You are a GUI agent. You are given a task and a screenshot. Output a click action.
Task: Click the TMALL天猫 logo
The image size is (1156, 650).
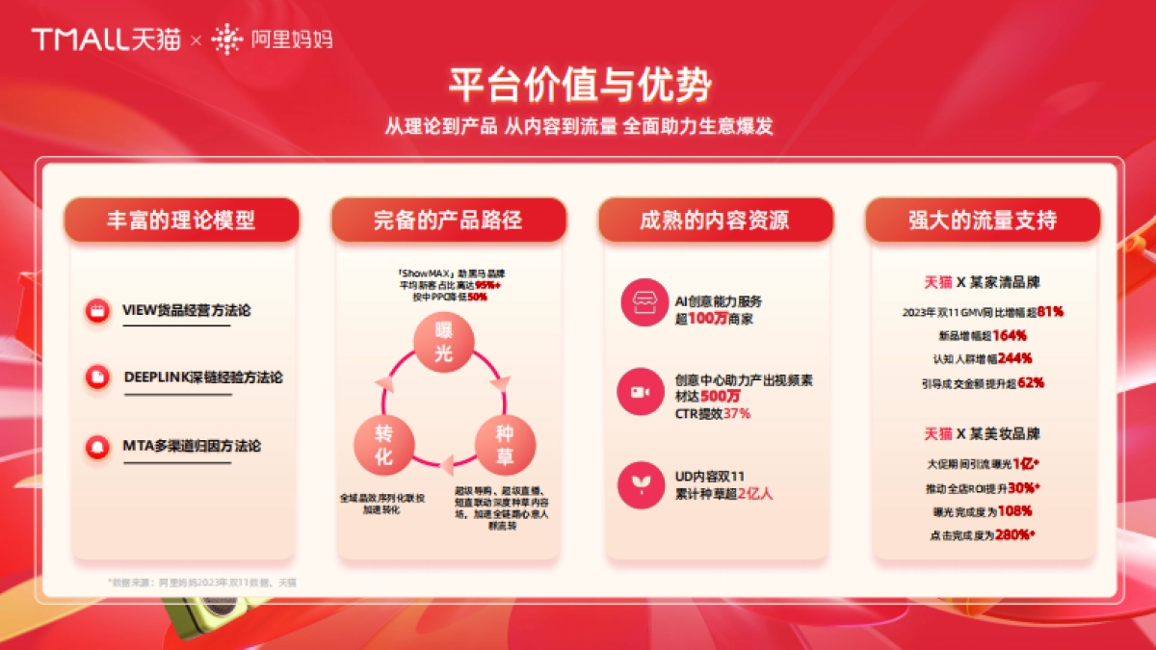click(106, 39)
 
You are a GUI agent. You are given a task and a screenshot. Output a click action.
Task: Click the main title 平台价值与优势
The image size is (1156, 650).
click(579, 85)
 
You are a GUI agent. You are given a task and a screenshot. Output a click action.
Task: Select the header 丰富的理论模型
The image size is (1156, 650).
click(181, 220)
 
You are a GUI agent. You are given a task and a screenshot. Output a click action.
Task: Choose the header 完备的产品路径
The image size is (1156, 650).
click(448, 220)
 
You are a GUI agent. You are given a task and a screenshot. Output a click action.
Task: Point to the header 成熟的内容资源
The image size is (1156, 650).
click(715, 220)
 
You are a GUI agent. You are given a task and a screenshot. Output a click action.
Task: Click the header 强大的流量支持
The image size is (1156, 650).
click(983, 220)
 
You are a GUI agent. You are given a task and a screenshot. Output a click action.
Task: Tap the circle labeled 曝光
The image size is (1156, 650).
click(443, 343)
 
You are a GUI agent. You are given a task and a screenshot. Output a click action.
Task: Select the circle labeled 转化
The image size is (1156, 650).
click(383, 444)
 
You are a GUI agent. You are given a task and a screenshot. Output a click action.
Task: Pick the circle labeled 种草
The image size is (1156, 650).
click(505, 444)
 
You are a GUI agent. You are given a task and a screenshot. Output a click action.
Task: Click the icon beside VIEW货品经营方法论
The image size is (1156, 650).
click(97, 310)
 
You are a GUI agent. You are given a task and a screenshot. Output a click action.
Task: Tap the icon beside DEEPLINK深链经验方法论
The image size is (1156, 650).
click(97, 377)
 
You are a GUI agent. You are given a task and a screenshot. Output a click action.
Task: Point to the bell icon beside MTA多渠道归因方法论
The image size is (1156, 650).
click(97, 446)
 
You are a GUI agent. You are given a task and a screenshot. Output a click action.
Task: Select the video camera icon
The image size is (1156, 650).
click(643, 392)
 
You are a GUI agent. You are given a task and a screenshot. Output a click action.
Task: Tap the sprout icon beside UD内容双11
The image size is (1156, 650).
click(643, 484)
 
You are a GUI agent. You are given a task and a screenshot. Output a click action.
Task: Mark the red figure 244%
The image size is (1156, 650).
click(1015, 358)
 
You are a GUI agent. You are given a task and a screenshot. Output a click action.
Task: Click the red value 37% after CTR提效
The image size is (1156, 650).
click(736, 413)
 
